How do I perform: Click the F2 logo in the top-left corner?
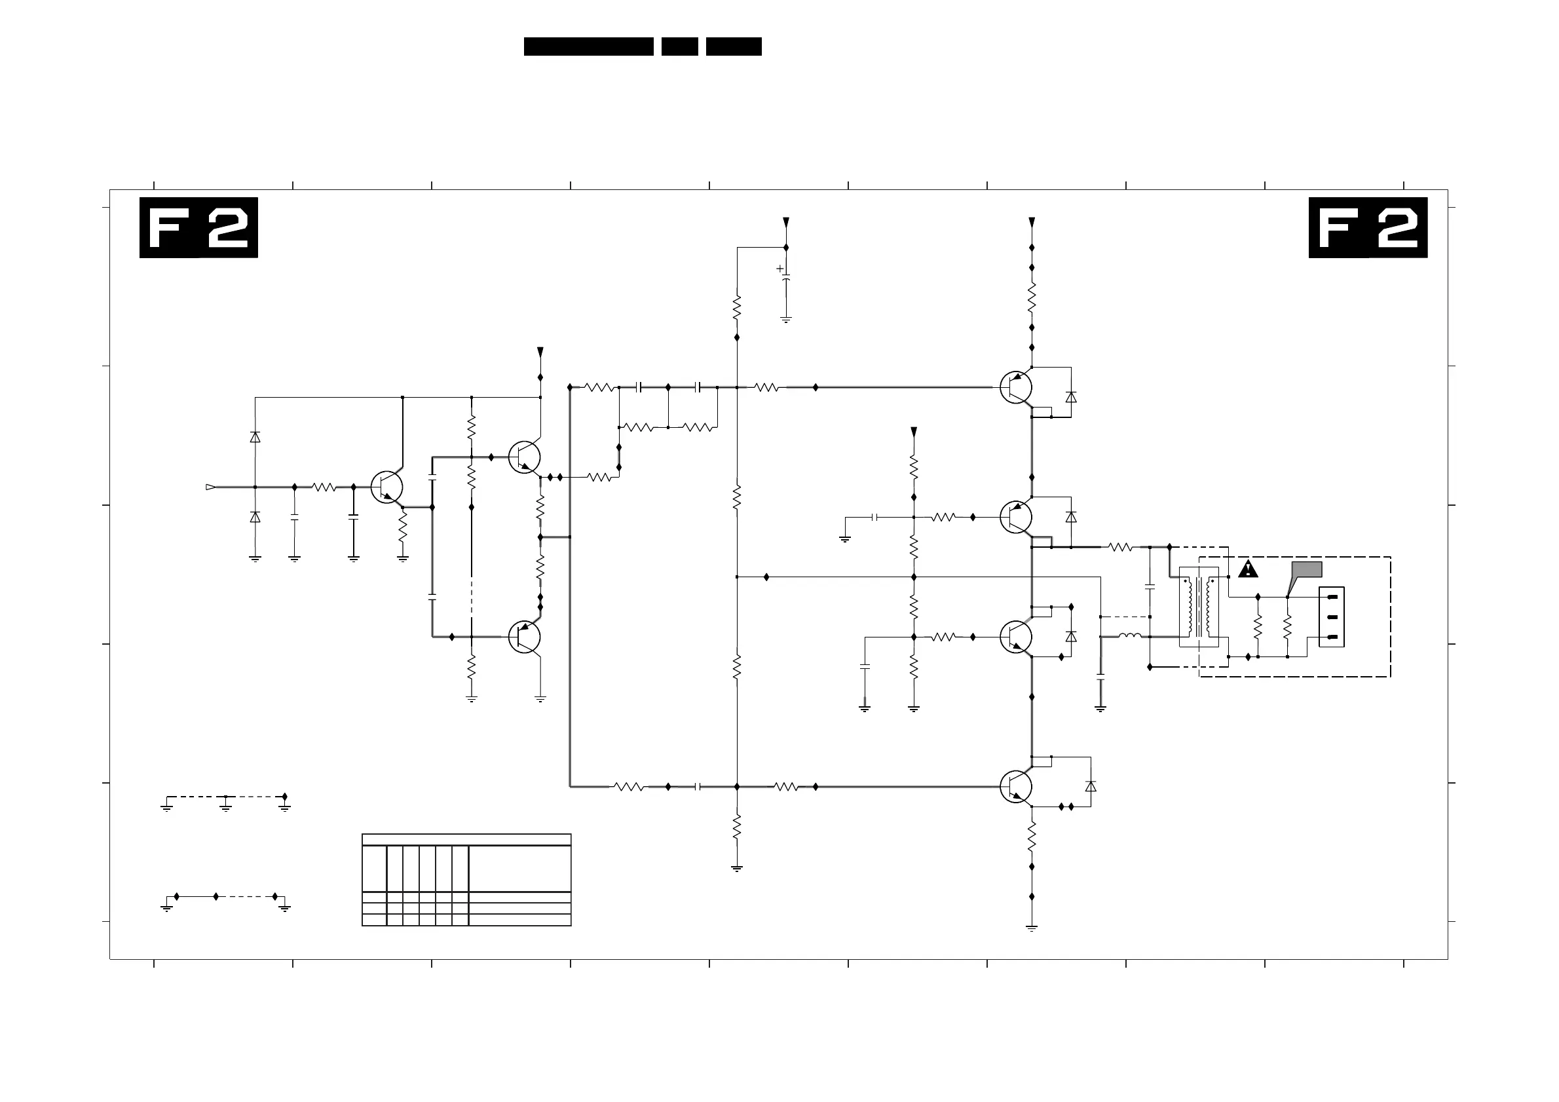[198, 227]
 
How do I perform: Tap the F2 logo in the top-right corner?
[1368, 227]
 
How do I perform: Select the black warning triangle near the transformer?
[1247, 569]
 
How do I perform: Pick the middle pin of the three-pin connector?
[1332, 617]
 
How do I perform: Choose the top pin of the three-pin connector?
[1332, 597]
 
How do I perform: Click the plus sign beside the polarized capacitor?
[779, 269]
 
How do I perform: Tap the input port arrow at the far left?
[210, 487]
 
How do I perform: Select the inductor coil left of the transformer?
[1130, 636]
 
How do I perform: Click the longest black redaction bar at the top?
[588, 46]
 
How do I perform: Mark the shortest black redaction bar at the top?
[679, 46]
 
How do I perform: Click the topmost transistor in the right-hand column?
[1016, 388]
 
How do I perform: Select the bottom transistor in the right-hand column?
[1016, 787]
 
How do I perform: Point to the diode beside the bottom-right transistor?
[1091, 786]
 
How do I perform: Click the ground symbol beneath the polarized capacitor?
[785, 319]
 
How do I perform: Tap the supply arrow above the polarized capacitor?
[785, 223]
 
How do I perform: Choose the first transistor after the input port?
[387, 487]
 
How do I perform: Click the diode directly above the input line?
[255, 437]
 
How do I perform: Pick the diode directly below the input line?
[255, 518]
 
